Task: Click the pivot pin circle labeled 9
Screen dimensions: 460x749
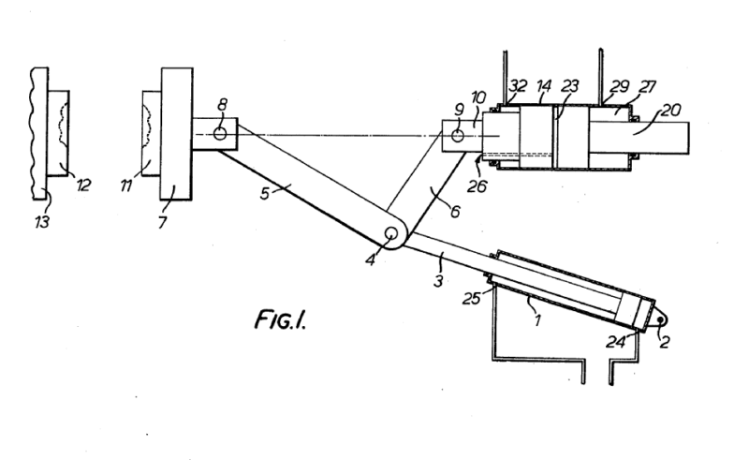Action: pos(458,136)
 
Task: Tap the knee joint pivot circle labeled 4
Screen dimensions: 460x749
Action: pos(391,234)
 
